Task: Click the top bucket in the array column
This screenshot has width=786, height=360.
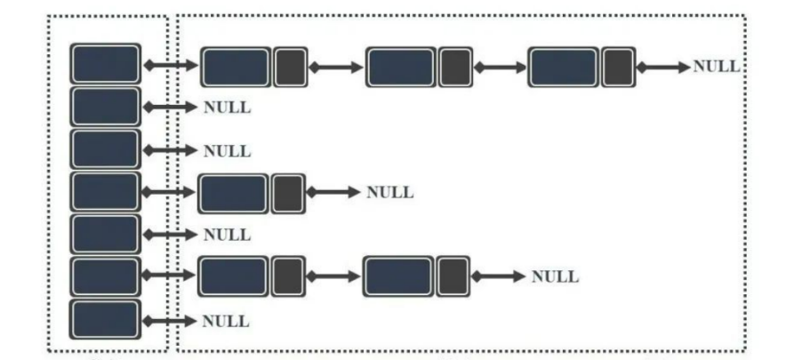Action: (x=106, y=64)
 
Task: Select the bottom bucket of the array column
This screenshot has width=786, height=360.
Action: (x=106, y=319)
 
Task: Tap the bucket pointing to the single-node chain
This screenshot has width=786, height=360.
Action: (x=106, y=192)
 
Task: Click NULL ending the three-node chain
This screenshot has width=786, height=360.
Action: (x=716, y=67)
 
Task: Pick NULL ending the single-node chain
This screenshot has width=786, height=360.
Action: (x=389, y=193)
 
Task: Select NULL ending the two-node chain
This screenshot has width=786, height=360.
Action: (x=555, y=277)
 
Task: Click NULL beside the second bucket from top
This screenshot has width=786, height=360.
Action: (x=227, y=108)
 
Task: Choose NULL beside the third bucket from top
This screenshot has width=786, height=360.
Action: (x=227, y=151)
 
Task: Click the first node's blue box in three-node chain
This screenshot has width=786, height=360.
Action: (x=237, y=67)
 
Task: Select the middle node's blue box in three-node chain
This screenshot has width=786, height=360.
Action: (x=401, y=67)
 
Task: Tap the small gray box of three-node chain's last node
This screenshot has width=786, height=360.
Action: (x=618, y=67)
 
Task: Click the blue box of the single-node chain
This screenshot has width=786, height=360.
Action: (x=233, y=193)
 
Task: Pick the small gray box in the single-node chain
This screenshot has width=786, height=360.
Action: (x=288, y=193)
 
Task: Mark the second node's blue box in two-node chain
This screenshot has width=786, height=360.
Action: (x=398, y=277)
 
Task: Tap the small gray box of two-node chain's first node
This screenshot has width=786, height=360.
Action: (x=288, y=277)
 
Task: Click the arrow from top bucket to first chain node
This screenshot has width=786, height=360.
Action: (x=171, y=65)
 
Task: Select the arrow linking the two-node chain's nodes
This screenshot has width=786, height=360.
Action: (x=334, y=277)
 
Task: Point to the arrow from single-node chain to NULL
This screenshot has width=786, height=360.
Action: (x=334, y=193)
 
